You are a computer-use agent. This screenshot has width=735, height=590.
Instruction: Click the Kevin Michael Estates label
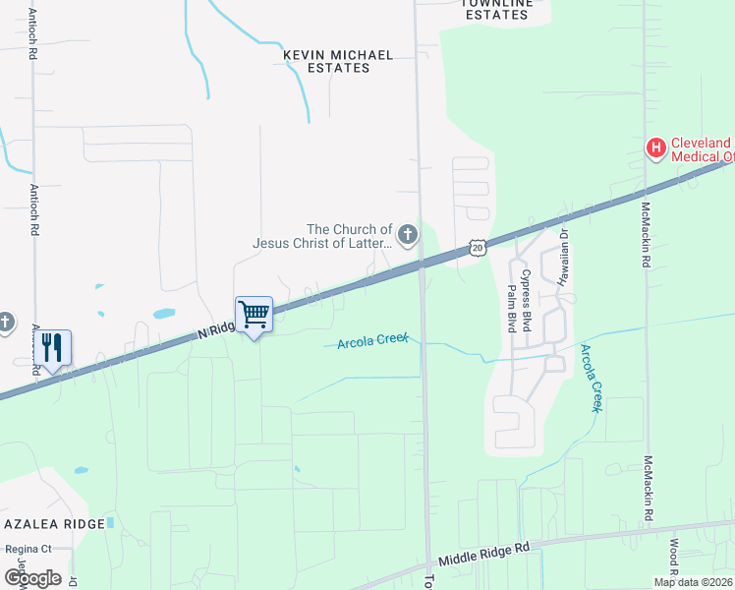pyautogui.click(x=325, y=61)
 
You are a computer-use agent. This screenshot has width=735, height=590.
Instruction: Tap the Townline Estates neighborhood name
pyautogui.click(x=497, y=9)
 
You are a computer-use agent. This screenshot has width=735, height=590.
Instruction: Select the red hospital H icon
pyautogui.click(x=655, y=148)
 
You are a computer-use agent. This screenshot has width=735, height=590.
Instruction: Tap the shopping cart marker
pyautogui.click(x=254, y=315)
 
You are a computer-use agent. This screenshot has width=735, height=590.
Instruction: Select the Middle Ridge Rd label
pyautogui.click(x=483, y=552)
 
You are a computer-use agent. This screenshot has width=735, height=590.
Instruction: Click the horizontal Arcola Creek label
pyautogui.click(x=372, y=341)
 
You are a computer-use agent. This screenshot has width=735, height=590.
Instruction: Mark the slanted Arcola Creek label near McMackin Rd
pyautogui.click(x=592, y=378)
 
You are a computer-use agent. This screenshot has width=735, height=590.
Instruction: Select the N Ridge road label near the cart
pyautogui.click(x=216, y=330)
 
